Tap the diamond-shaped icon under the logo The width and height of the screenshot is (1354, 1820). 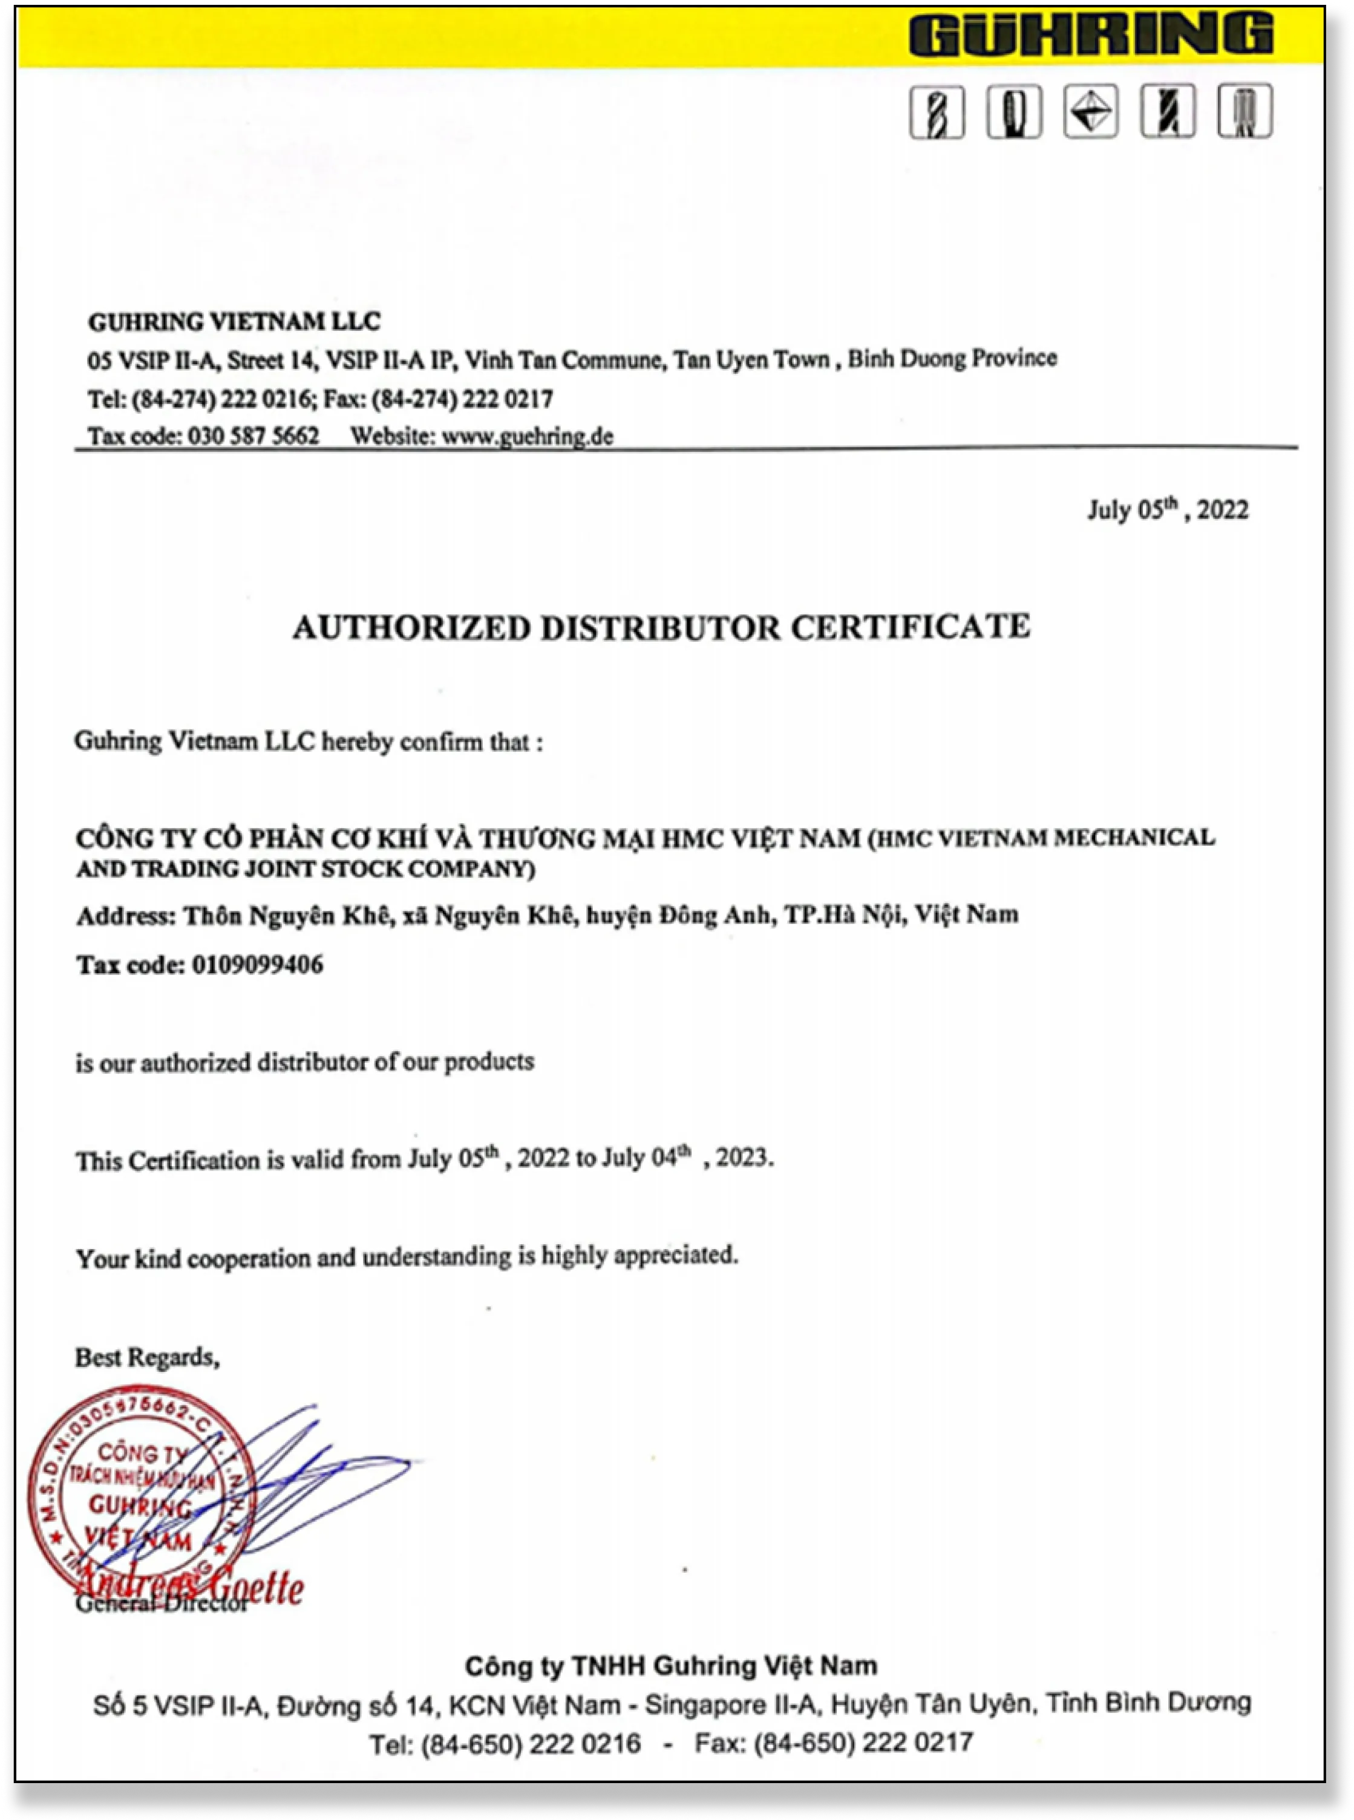pyautogui.click(x=1091, y=111)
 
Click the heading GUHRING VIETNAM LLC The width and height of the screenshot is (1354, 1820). pyautogui.click(x=234, y=322)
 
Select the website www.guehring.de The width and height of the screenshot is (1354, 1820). pyautogui.click(x=527, y=436)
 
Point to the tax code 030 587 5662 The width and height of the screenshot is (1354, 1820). pyautogui.click(x=253, y=436)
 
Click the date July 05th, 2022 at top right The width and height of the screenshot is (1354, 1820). pyautogui.click(x=1167, y=510)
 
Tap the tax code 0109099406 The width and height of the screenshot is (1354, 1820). pyautogui.click(x=257, y=965)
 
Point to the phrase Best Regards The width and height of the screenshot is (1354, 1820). pyautogui.click(x=148, y=1358)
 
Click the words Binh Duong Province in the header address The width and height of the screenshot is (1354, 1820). pyautogui.click(x=952, y=358)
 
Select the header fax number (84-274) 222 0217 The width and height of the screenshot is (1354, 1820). pyautogui.click(x=462, y=399)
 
